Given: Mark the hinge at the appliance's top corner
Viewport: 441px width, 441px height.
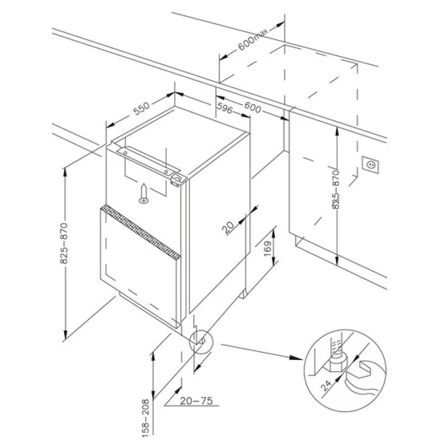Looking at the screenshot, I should (x=172, y=174).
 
